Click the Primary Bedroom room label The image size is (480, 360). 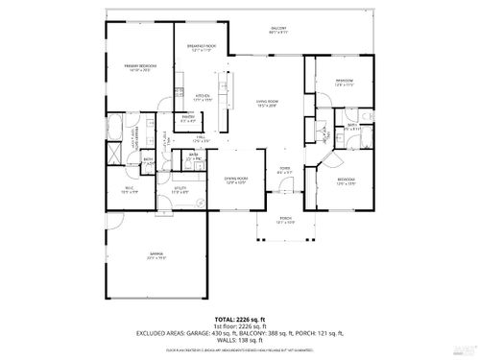[x=139, y=67]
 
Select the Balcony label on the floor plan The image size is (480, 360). [x=279, y=31]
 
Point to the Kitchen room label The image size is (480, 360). [x=203, y=97]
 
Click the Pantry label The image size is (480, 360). [x=189, y=120]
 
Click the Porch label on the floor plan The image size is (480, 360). [x=285, y=222]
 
